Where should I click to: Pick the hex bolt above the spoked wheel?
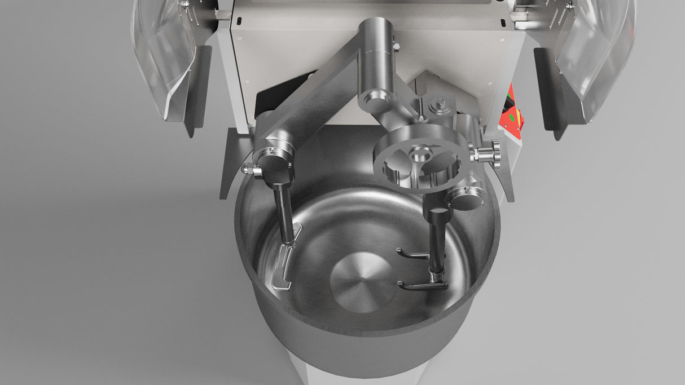pos(438,105)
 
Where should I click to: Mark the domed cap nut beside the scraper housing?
pos(248,168)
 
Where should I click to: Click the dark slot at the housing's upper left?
pos(239,21)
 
